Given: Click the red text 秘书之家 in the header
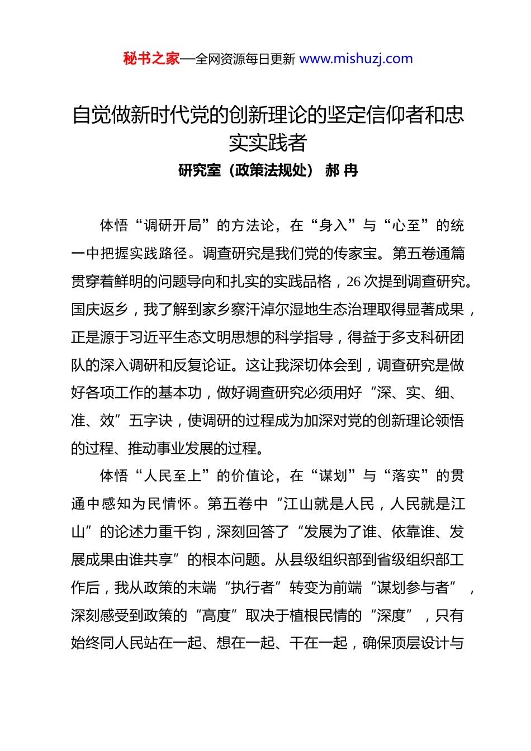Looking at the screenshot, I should pyautogui.click(x=151, y=59).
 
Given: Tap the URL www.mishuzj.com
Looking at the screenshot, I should pyautogui.click(x=355, y=59).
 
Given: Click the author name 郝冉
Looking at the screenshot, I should pyautogui.click(x=341, y=170).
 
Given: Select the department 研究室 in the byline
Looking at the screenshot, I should pyautogui.click(x=200, y=170).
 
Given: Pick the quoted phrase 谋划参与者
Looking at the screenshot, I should pyautogui.click(x=413, y=588).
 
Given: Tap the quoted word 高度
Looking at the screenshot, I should pyautogui.click(x=216, y=616).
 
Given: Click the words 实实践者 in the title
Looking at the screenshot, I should pyautogui.click(x=268, y=143).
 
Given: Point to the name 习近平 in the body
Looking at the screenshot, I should pyautogui.click(x=151, y=338).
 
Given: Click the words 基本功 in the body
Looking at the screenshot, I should pyautogui.click(x=180, y=393).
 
